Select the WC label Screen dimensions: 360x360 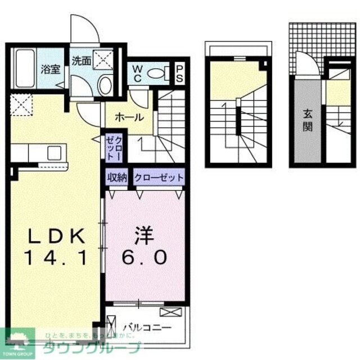click(x=137, y=73)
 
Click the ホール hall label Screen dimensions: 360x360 click(x=129, y=118)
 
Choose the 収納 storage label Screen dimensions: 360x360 click(x=117, y=177)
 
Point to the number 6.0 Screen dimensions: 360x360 click(x=144, y=257)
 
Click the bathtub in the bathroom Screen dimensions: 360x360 click(x=24, y=69)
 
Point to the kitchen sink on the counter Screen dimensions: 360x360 click(x=55, y=152)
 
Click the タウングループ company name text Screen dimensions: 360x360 click(x=90, y=347)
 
